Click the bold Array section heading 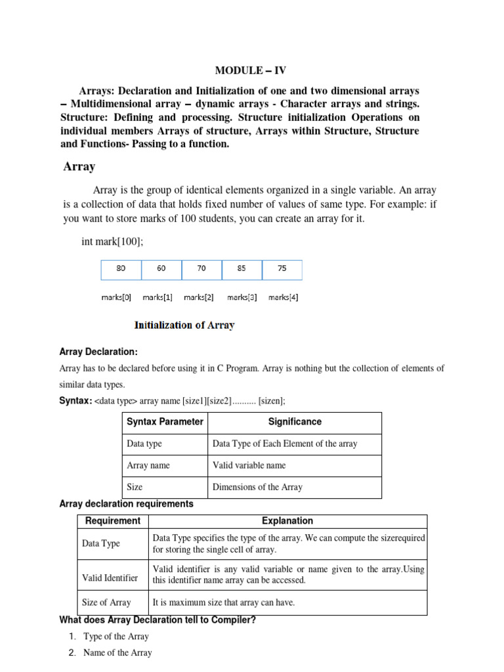point(79,167)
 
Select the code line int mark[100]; point(112,241)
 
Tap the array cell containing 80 point(121,268)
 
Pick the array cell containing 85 point(241,268)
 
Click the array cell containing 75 point(282,268)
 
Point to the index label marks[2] point(199,297)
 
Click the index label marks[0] point(116,297)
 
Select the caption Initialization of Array point(184,325)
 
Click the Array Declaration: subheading point(98,352)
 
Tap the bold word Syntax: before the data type point(75,400)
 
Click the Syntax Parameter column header point(165,422)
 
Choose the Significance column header point(295,422)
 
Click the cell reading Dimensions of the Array point(257,487)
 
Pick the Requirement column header point(113,521)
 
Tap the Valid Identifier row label point(110,577)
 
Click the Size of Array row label point(106,602)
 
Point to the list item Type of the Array point(116,637)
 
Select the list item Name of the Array point(117,653)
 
